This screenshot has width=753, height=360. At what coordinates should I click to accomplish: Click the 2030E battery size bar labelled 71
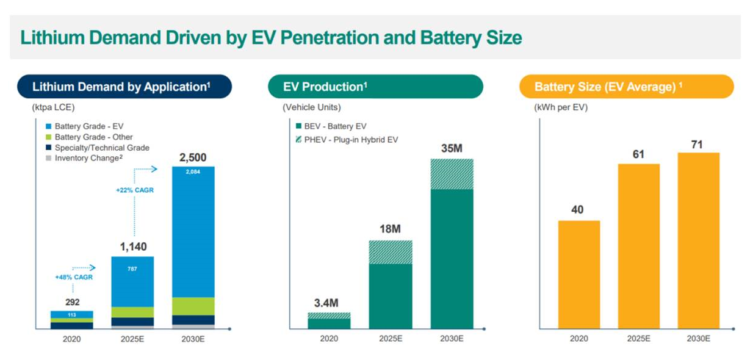pos(698,240)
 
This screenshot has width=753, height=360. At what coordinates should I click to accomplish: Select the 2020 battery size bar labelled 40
pos(578,275)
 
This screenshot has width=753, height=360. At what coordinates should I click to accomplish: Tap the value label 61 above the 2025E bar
pos(638,154)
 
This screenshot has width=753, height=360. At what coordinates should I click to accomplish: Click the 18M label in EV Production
pos(390,229)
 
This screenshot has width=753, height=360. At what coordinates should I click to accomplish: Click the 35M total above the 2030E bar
pos(452,148)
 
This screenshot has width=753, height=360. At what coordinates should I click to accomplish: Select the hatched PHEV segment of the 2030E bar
pos(452,174)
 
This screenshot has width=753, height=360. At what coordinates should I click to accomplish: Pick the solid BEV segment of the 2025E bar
pos(390,297)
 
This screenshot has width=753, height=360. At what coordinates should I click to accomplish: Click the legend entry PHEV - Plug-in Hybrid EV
pos(346,140)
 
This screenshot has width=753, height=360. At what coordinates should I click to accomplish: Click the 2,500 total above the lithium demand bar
pos(193,157)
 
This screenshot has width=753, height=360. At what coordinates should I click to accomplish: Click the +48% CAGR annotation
pos(73,278)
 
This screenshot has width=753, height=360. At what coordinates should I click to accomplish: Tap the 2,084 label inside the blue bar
pos(193,171)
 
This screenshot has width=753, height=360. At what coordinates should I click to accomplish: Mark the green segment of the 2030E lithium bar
pos(193,306)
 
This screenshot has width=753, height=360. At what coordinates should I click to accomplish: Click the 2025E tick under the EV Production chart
pos(390,339)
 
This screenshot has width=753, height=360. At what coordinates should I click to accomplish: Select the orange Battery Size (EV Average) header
pos(626,87)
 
